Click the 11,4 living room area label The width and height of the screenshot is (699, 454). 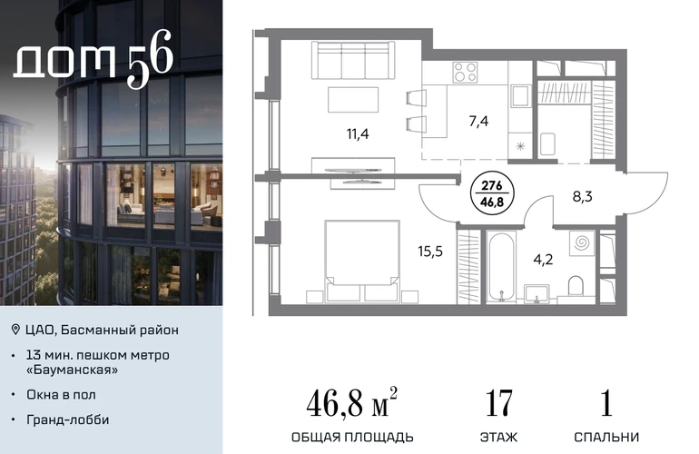click(358, 133)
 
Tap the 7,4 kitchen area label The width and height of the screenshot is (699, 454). click(478, 121)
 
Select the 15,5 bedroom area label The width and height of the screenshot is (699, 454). click(430, 252)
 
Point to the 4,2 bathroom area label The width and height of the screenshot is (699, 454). click(543, 259)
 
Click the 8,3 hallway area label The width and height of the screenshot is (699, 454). click(582, 196)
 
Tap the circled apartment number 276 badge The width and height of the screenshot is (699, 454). click(492, 194)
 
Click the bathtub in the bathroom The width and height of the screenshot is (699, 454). click(501, 267)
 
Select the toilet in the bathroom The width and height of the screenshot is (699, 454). click(576, 285)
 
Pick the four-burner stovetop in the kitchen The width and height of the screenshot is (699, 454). click(465, 73)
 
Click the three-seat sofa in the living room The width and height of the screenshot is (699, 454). click(353, 61)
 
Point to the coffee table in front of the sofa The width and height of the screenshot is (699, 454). click(353, 100)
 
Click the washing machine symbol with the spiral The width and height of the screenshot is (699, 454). click(582, 243)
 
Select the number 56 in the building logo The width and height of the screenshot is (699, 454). click(150, 59)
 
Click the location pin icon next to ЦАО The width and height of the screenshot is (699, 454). click(15, 330)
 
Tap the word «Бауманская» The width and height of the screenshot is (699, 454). click(73, 370)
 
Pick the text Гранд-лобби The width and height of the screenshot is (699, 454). click(68, 419)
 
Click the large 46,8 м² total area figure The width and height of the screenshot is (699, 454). click(351, 402)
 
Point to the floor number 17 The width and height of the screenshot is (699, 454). click(498, 403)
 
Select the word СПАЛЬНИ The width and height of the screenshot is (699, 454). click(606, 437)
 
